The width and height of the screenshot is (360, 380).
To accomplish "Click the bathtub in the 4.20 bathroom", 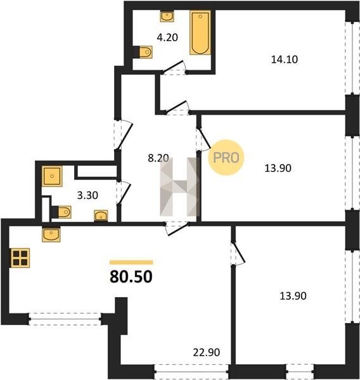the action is (x=200, y=32).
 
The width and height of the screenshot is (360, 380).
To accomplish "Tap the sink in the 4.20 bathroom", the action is (x=167, y=16).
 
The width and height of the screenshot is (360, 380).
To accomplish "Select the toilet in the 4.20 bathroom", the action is (x=143, y=52).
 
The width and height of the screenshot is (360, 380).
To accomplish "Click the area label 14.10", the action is (x=285, y=60).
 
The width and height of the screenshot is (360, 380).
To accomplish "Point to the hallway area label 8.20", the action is (x=158, y=158).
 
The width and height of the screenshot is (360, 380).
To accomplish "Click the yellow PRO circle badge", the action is (x=226, y=158).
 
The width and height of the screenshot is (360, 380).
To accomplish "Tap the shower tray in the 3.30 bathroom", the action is (x=52, y=176).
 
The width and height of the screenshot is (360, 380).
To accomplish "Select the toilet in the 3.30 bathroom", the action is (x=61, y=212).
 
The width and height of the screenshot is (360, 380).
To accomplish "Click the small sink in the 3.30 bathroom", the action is (x=101, y=215).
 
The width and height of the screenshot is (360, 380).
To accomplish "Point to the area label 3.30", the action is (x=87, y=195).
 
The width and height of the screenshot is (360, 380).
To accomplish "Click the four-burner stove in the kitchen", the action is (x=20, y=258).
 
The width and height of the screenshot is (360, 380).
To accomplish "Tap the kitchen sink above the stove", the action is (x=51, y=234).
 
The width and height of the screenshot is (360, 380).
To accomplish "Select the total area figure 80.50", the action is (x=131, y=277).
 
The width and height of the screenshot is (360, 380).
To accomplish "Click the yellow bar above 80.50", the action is (x=131, y=262).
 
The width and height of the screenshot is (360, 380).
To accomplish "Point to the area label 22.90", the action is (x=207, y=352).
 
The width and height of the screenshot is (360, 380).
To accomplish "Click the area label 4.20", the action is (x=167, y=37).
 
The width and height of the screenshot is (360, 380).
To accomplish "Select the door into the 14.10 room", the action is (x=177, y=108).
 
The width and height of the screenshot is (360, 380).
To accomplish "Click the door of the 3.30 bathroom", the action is (x=124, y=193).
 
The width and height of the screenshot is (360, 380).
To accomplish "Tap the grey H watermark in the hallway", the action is (x=179, y=187).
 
